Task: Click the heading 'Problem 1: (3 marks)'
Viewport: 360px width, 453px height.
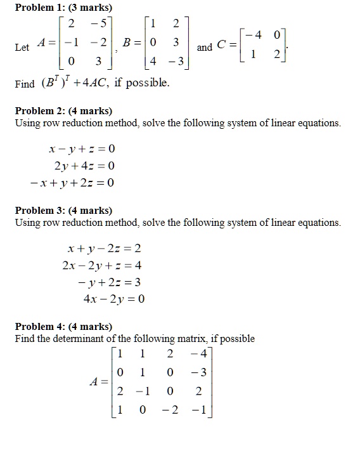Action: (63, 8)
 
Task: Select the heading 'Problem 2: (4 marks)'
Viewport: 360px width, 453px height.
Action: (63, 111)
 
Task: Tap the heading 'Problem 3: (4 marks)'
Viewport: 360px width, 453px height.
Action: (63, 211)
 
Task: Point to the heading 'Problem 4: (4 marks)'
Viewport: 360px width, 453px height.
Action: (63, 327)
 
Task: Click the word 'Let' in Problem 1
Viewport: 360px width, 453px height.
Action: (22, 48)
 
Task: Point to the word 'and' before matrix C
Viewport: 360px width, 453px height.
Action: (205, 48)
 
